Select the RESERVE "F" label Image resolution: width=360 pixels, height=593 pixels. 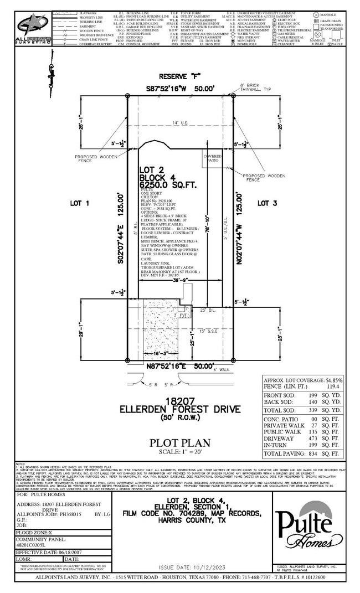pos(178,77)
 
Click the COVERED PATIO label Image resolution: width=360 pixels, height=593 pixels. pos(213,159)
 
